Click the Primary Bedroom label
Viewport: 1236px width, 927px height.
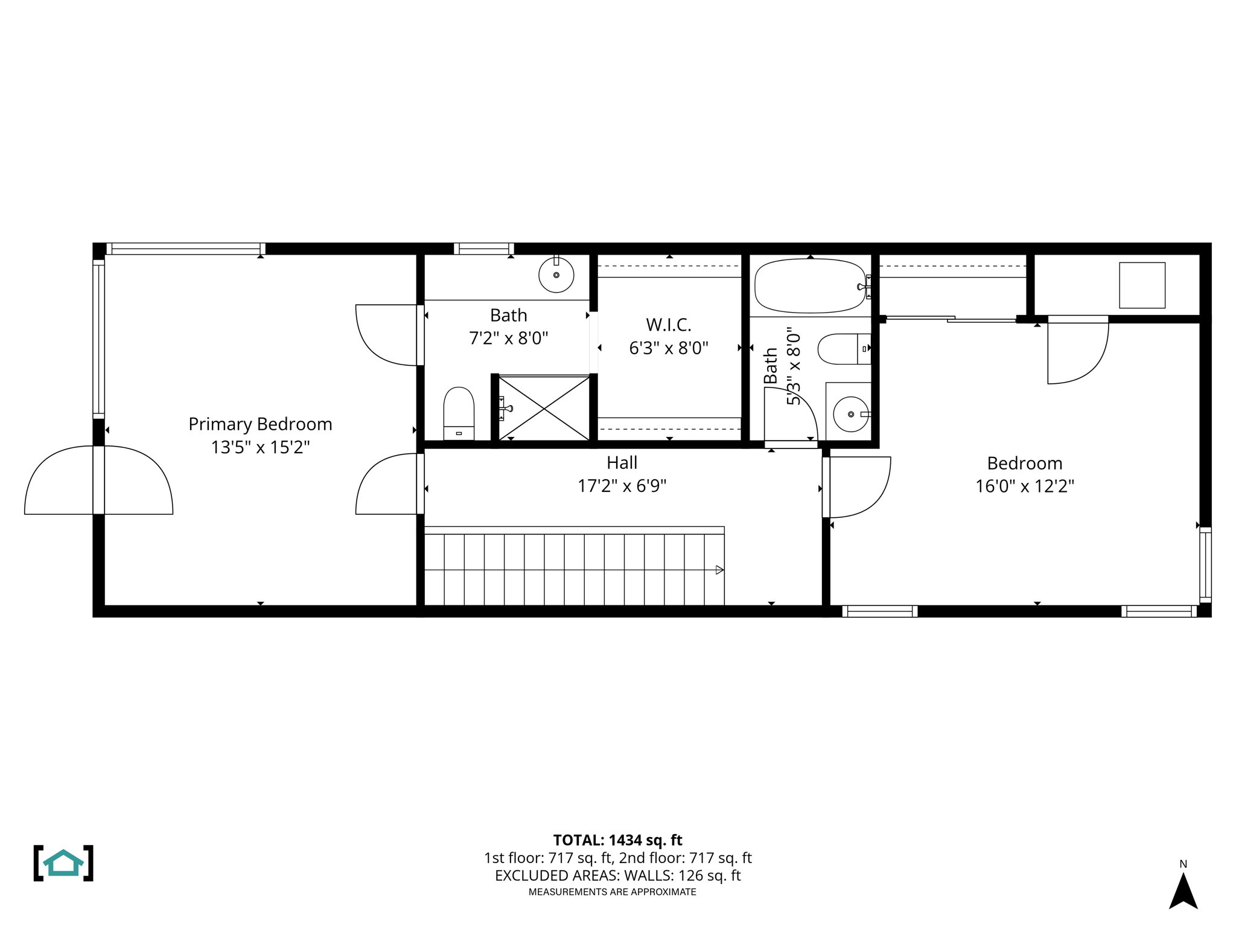(x=260, y=424)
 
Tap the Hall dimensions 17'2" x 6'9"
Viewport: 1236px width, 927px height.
(x=622, y=486)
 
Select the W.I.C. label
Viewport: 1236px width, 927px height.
(x=668, y=325)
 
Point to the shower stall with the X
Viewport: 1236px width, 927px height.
(x=544, y=409)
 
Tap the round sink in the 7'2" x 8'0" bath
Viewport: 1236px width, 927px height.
(x=556, y=275)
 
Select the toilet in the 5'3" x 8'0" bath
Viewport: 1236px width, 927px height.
(x=843, y=349)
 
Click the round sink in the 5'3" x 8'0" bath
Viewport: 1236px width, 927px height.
(x=850, y=414)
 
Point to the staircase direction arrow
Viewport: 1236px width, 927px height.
(x=719, y=570)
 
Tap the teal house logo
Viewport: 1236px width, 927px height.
(x=63, y=863)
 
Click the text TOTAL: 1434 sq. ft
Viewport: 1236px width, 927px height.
(x=617, y=840)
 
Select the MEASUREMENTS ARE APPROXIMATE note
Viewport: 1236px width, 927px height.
(x=612, y=892)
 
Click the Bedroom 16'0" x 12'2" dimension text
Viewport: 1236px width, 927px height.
(x=1024, y=486)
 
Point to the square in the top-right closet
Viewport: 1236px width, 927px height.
(x=1142, y=285)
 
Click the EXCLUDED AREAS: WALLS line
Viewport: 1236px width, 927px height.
(x=617, y=876)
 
